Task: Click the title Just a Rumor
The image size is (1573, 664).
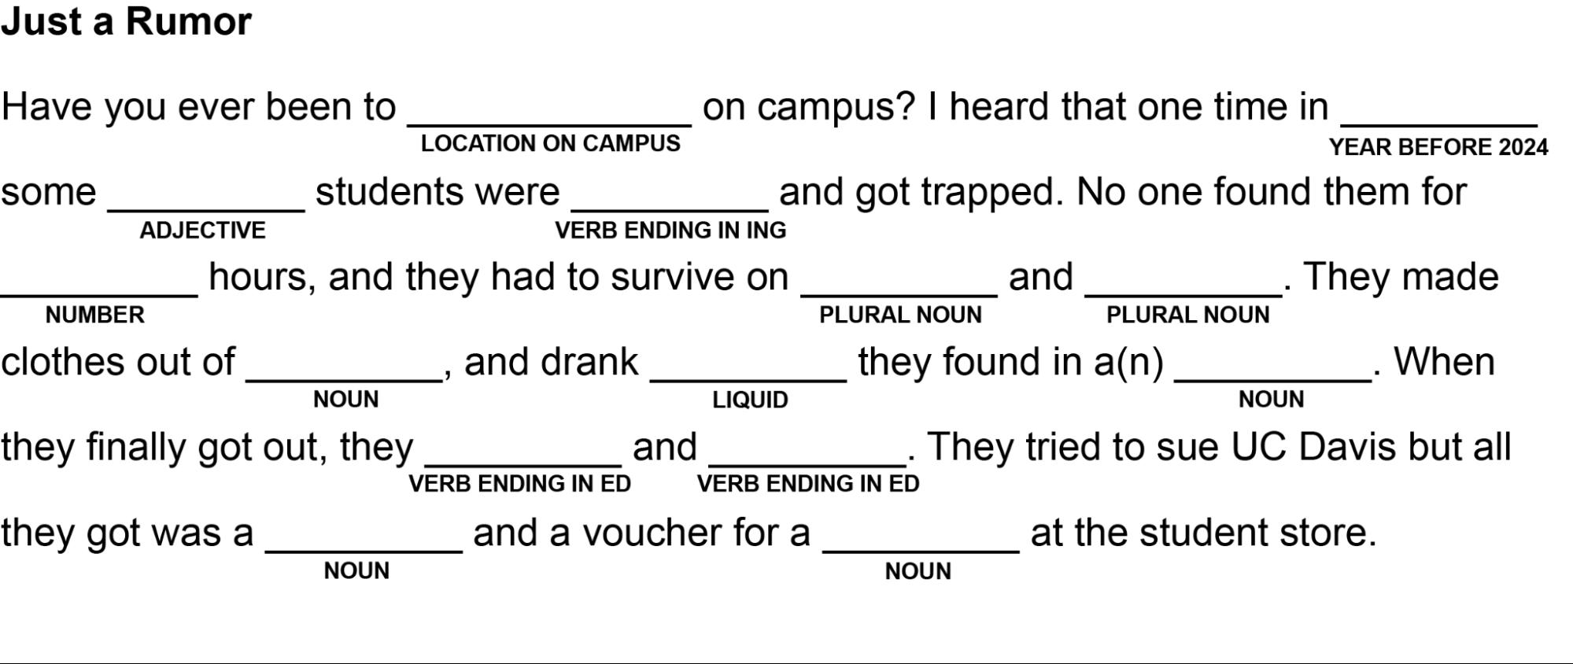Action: pos(126,21)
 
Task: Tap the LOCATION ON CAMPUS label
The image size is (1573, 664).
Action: pos(550,143)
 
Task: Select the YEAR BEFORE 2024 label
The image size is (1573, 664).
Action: pos(1438,147)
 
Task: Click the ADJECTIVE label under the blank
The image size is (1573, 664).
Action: pos(202,231)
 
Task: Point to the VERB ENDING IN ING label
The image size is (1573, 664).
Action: pos(670,231)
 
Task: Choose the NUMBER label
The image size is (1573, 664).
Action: pos(94,315)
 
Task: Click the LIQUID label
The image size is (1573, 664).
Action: pos(750,400)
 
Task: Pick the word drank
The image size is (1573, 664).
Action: pos(589,362)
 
